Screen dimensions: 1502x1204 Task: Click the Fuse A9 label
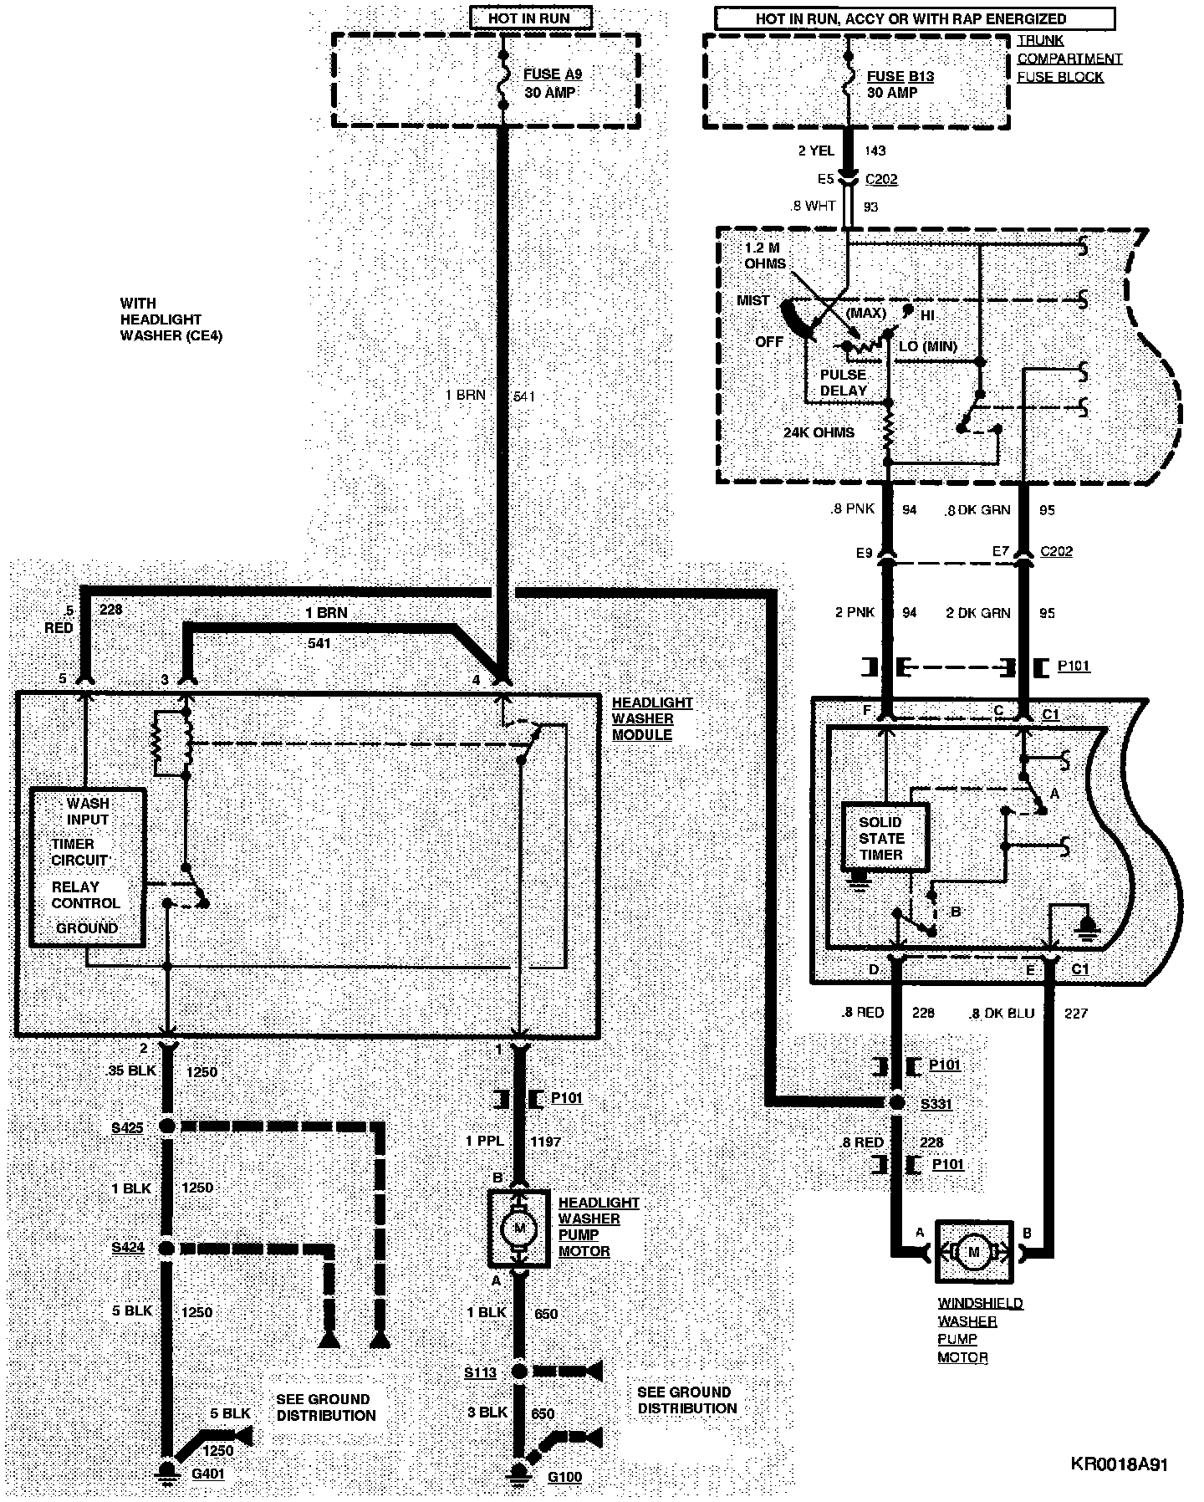click(552, 74)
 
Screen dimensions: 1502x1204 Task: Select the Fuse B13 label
click(900, 76)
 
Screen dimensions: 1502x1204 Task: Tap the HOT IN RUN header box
click(531, 17)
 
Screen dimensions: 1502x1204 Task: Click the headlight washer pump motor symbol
click(519, 1228)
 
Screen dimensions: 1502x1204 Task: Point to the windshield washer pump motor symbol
click(972, 1252)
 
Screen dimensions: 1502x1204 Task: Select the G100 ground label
click(564, 1476)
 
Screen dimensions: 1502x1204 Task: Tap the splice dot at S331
click(896, 1103)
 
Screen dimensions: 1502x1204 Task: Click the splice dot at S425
click(166, 1126)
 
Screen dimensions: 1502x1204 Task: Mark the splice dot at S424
click(166, 1248)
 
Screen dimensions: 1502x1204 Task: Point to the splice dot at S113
click(519, 1372)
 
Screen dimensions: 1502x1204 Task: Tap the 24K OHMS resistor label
click(819, 432)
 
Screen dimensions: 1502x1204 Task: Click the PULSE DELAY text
click(843, 382)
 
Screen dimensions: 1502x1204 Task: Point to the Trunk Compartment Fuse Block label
click(1069, 59)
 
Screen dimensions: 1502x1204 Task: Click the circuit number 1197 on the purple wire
click(545, 1141)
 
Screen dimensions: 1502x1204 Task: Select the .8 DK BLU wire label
click(1001, 1013)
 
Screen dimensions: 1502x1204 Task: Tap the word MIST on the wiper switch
click(752, 300)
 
